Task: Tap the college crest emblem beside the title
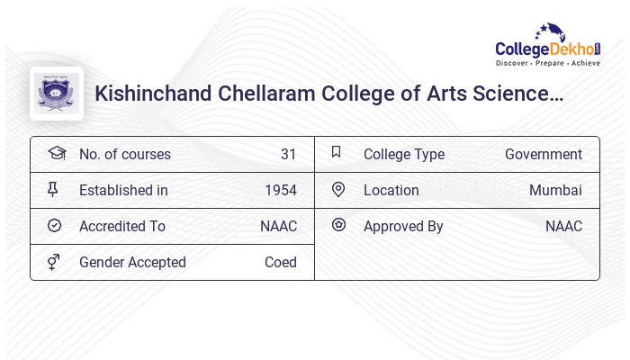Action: point(57,94)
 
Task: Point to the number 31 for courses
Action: point(288,154)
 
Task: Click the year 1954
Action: point(280,190)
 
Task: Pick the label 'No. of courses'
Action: point(124,154)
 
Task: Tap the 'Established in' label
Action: point(123,190)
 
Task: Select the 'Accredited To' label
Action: point(121,226)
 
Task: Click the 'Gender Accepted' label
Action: point(132,262)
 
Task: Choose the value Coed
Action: point(280,262)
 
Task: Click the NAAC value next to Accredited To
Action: point(278,226)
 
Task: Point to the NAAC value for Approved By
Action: point(563,226)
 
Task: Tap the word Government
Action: point(543,154)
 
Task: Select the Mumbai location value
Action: point(555,190)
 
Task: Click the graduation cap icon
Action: point(56,153)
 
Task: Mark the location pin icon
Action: point(338,189)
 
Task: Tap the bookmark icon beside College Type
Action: point(337,152)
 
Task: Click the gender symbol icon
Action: point(54,262)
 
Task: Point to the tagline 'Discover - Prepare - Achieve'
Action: point(547,64)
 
